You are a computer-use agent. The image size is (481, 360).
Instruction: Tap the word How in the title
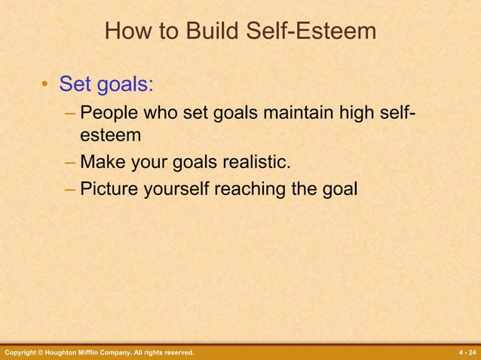pos(125,32)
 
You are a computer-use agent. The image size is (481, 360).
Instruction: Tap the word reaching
pos(250,188)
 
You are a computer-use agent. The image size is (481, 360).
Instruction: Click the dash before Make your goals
pos(70,162)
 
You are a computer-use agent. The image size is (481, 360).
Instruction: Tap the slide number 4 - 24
pos(467,352)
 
